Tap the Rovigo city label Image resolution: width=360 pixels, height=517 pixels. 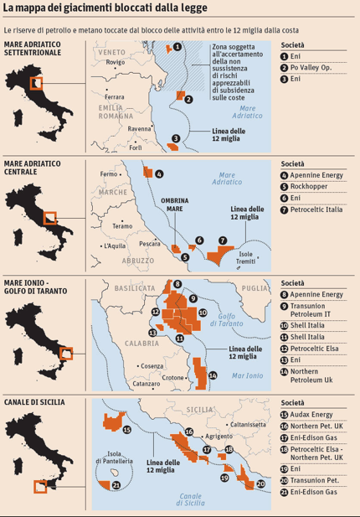coord(116,62)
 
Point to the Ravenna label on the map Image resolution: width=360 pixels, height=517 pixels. coord(139,128)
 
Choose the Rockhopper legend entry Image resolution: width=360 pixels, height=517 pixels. coord(314,186)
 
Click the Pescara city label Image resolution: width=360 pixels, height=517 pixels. coord(150,243)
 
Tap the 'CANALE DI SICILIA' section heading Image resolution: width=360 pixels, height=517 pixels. coord(33,403)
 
